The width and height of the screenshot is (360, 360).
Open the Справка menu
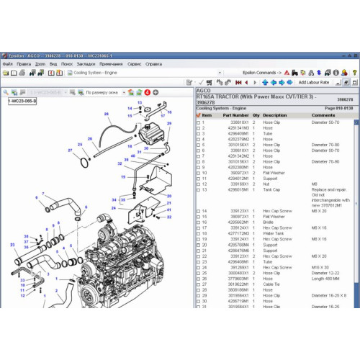click(x=153, y=63)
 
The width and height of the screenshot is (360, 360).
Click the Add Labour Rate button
click(x=313, y=82)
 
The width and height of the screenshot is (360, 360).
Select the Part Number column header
click(x=235, y=115)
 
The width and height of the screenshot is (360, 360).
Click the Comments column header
click(x=323, y=115)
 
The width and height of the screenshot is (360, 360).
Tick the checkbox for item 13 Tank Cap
click(x=199, y=189)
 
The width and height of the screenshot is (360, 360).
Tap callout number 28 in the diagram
click(x=106, y=114)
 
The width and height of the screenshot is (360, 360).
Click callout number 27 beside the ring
click(x=70, y=150)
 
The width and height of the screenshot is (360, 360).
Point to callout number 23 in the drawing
click(x=13, y=244)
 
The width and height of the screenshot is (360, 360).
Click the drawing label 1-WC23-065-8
click(x=21, y=102)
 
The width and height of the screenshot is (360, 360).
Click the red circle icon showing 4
click(x=147, y=92)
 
